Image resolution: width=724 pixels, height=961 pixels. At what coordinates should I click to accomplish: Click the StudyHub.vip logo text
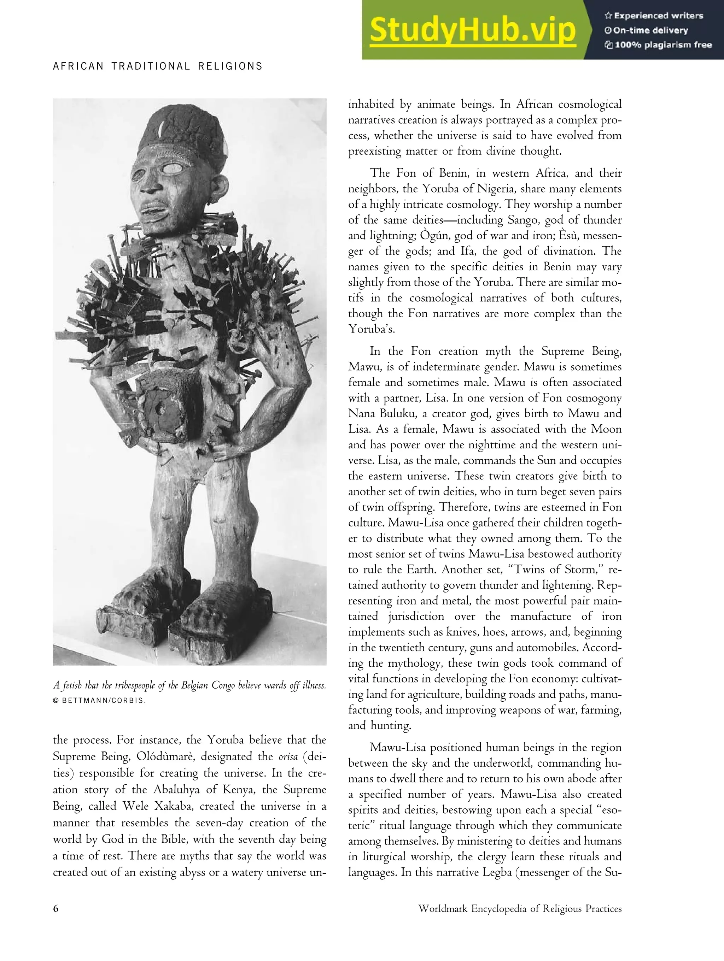coord(472,30)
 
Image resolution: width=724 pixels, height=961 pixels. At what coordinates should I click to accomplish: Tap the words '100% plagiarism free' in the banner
coord(663,45)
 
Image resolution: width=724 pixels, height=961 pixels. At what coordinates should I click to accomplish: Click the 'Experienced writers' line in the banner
coord(658,16)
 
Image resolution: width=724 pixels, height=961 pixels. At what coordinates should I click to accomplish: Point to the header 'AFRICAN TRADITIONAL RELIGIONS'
coord(158,66)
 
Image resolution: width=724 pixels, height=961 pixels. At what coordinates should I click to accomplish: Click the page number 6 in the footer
coord(56,908)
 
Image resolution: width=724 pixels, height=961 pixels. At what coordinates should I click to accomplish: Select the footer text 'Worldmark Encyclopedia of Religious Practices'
coord(520,908)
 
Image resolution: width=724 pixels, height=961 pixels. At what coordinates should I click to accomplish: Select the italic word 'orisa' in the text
coord(288,757)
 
